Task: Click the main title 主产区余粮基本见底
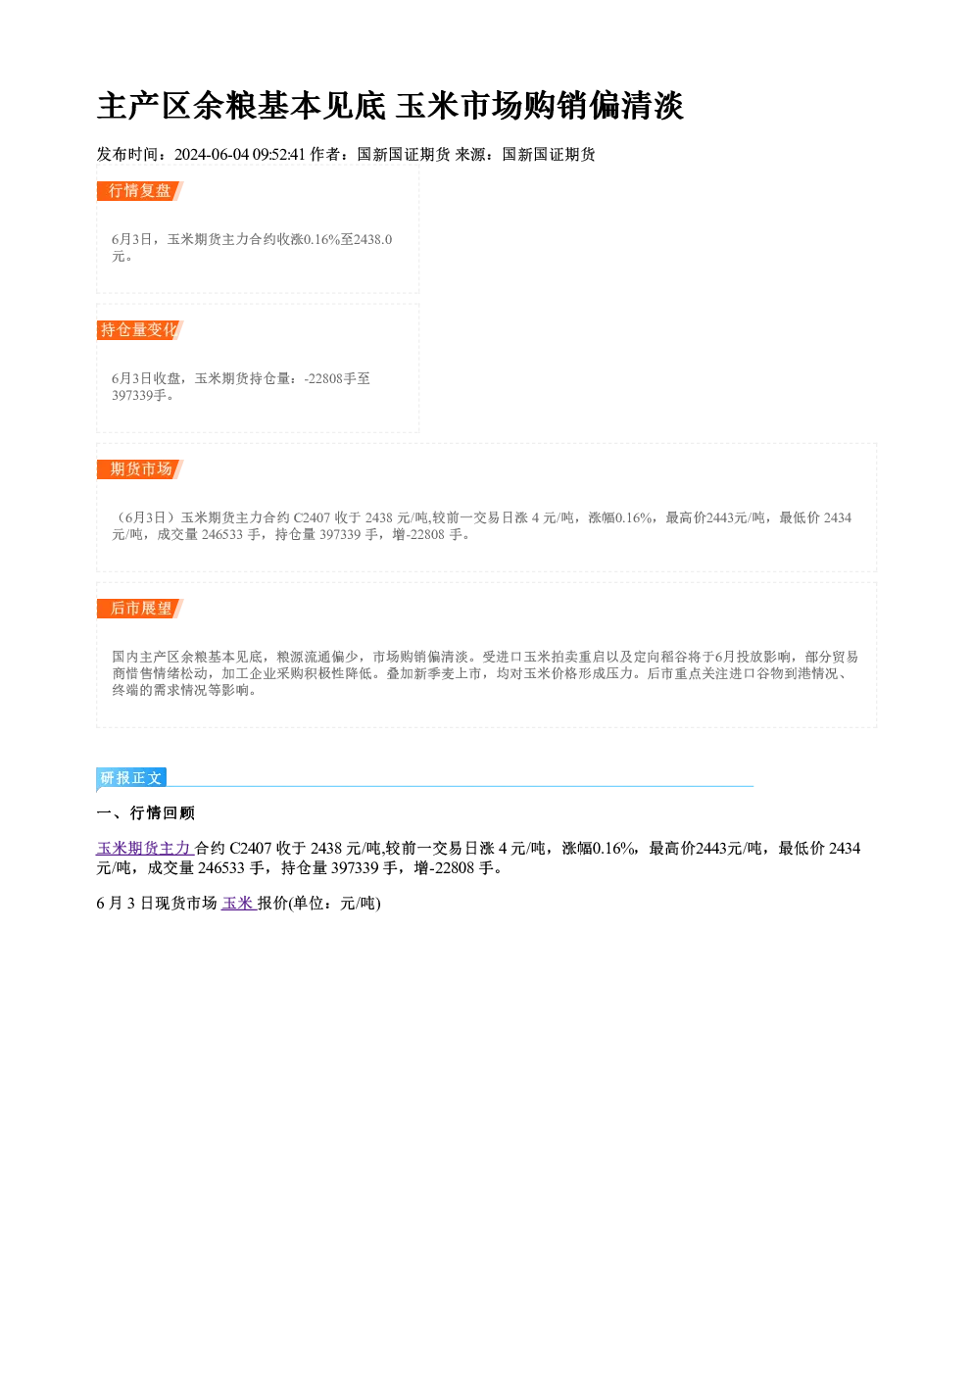[241, 106]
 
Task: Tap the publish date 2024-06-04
[212, 154]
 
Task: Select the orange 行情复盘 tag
[140, 191]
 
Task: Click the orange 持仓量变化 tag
[140, 330]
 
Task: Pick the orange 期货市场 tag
[140, 469]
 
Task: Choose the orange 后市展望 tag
[140, 609]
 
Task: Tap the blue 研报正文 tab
[131, 778]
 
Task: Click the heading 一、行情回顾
[145, 813]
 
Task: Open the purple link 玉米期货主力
[144, 849]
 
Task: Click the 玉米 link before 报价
[237, 903]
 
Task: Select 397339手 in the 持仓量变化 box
[139, 395]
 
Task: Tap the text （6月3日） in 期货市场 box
[146, 517]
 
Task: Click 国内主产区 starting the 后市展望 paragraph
[146, 657]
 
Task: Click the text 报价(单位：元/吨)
[319, 903]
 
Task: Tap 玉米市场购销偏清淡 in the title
[539, 106]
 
